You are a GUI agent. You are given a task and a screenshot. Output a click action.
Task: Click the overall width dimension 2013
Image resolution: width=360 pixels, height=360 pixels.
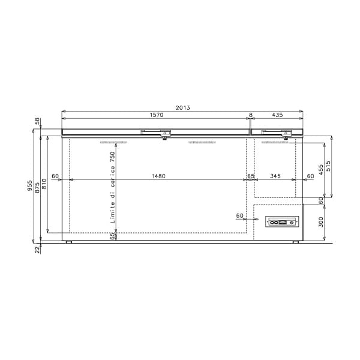pos(183,107)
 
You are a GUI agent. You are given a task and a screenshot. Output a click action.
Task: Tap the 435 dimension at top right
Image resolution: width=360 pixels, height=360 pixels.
pos(277,114)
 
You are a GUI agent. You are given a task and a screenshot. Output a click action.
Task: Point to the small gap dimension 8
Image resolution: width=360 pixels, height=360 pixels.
pos(250,114)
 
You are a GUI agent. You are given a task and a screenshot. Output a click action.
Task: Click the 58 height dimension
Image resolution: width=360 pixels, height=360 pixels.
pos(37,121)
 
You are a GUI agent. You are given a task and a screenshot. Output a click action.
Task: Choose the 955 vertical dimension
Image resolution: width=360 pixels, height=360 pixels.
pos(30,187)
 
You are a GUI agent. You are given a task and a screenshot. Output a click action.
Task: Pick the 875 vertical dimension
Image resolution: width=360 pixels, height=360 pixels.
pos(37,187)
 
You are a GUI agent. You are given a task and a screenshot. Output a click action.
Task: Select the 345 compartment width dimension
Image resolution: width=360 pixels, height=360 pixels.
pos(275,176)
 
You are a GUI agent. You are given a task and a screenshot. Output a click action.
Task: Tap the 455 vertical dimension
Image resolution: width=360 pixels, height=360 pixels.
pos(321,169)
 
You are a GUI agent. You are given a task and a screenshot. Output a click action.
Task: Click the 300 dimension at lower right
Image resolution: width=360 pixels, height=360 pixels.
pos(321,222)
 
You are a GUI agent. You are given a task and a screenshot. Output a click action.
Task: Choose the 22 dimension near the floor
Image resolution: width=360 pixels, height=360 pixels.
pos(37,248)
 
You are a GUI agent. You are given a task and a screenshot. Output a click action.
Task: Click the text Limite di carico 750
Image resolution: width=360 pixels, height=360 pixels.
pos(112,187)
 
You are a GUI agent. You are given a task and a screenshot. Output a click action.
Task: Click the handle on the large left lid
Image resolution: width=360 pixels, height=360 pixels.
pos(157,132)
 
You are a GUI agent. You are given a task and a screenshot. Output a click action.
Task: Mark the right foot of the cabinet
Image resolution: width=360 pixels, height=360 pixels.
pos(296,242)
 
